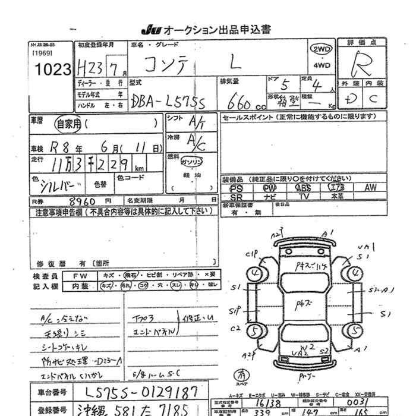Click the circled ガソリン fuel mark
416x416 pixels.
tap(193, 162)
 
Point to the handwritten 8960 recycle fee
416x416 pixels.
tap(83, 201)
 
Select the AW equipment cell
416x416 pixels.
tap(370, 188)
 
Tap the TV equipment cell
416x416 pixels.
tap(303, 196)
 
